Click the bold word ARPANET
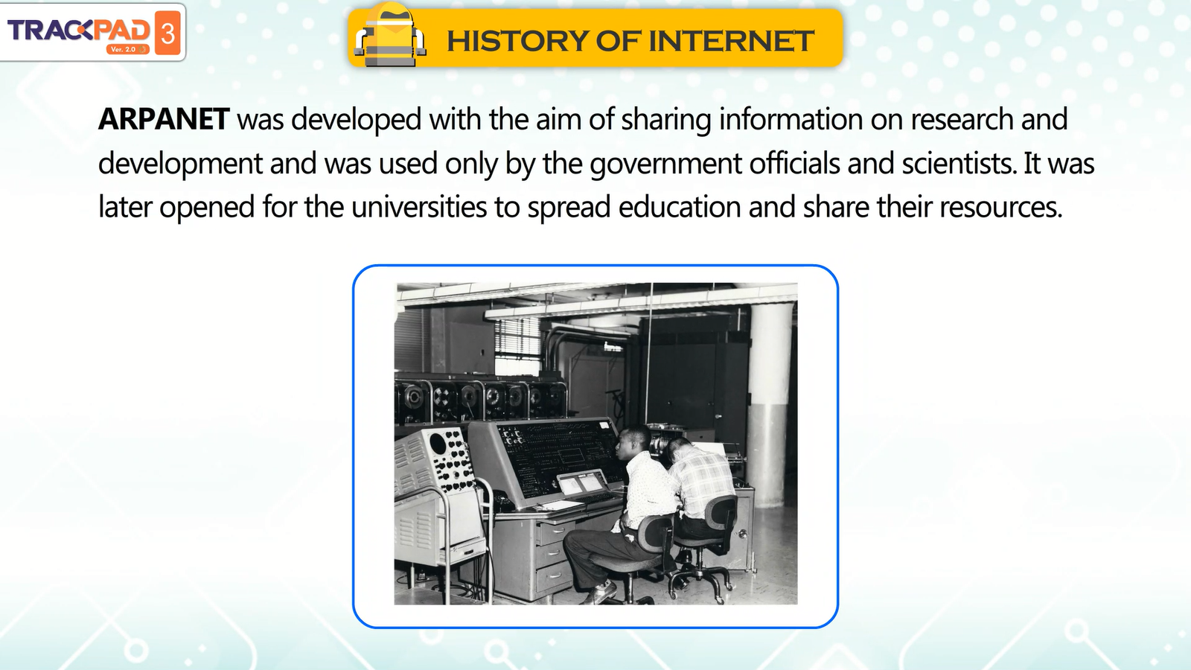point(164,118)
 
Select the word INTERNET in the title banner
point(730,41)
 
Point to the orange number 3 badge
point(167,33)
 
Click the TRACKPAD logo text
point(79,31)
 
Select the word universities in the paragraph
point(419,207)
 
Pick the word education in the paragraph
point(680,207)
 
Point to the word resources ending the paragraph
point(1000,208)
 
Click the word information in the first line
point(791,118)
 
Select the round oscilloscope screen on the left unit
point(438,442)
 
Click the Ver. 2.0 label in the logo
point(124,49)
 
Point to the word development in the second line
point(180,164)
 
